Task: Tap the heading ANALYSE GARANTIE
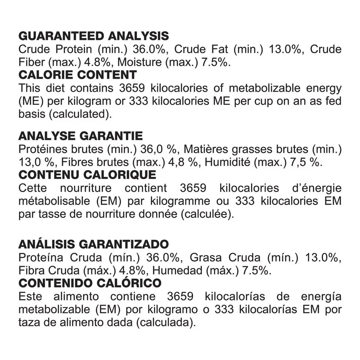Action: (x=81, y=136)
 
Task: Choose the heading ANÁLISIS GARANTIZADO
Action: (x=94, y=245)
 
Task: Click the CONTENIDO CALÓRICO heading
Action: (x=90, y=283)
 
